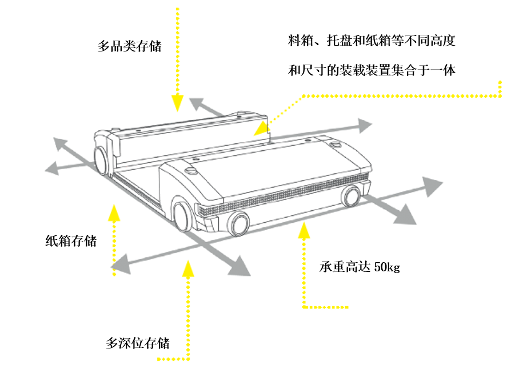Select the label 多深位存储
click(x=138, y=343)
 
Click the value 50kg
click(x=387, y=267)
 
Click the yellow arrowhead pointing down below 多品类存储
click(x=178, y=102)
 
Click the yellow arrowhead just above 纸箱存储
click(x=114, y=212)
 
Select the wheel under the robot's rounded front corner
click(x=182, y=216)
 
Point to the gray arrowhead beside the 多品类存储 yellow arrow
click(x=197, y=103)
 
